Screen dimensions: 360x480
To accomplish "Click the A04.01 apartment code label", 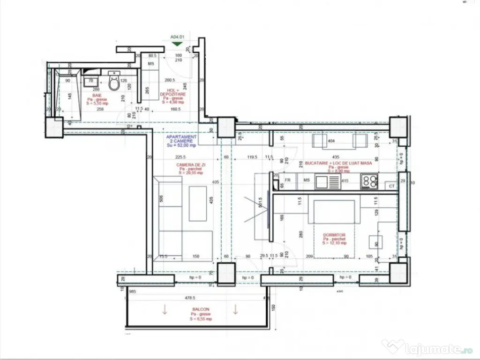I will pos(177,36).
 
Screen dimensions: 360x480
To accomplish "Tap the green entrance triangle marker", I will pos(177,44).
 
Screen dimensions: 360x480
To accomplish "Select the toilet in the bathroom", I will pos(114,82).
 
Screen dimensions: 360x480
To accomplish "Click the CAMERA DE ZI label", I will pos(191,165).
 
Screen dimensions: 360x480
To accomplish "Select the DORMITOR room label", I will pos(334,235).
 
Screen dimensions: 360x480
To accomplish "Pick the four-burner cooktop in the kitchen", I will pos(369,181).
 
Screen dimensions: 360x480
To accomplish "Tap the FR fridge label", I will pos(288,180).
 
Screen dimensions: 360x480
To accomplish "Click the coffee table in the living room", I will pos(197,203).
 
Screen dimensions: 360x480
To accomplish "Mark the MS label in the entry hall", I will pos(151,63).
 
